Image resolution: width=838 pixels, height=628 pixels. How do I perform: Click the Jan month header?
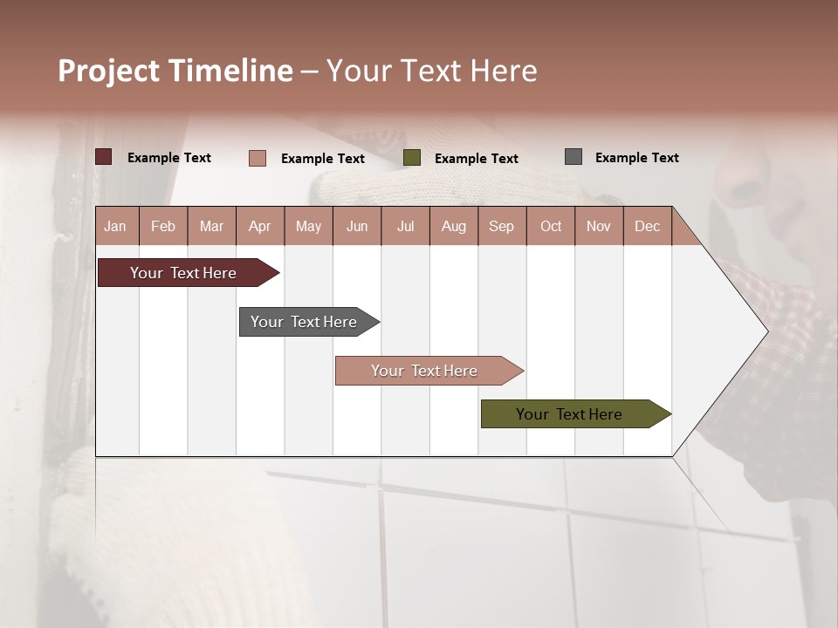(x=116, y=227)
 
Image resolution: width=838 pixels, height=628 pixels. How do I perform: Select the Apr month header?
(x=260, y=227)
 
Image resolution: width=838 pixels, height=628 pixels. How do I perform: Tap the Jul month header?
(x=405, y=227)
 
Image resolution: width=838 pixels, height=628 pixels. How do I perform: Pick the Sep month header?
(x=501, y=227)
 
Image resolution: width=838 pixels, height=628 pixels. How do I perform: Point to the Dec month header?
(x=647, y=227)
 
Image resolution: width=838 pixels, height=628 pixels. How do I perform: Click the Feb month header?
(x=163, y=227)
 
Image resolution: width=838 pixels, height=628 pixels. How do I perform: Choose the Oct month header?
(x=551, y=227)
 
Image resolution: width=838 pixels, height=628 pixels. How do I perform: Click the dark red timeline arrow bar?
(x=183, y=273)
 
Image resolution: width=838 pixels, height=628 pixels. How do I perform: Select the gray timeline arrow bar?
(x=304, y=322)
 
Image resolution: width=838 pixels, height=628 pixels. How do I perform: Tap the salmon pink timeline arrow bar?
(x=424, y=371)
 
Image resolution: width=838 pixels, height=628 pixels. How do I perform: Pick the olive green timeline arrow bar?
(x=569, y=414)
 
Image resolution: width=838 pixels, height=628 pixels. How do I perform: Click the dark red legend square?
(x=103, y=157)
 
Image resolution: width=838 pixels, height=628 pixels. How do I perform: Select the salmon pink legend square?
(x=258, y=158)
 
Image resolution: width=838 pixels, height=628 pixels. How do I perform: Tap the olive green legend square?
(x=412, y=158)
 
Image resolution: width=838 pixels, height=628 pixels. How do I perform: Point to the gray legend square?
(x=574, y=157)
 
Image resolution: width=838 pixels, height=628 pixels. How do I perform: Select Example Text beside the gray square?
(x=636, y=158)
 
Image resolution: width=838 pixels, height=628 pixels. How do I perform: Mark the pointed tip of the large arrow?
(x=766, y=331)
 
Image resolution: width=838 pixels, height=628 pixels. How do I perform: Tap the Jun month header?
(x=357, y=227)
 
